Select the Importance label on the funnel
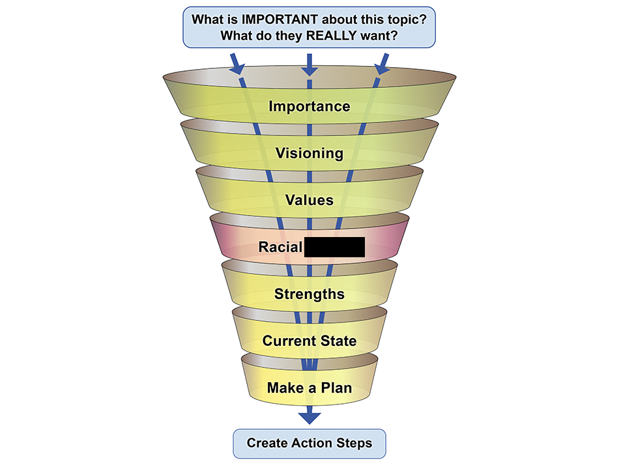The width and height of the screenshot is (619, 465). (x=309, y=106)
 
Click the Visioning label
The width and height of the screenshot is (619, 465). (x=309, y=154)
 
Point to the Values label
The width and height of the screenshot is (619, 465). (x=309, y=200)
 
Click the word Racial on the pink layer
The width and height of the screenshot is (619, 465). (x=280, y=247)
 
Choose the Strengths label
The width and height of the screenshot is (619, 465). (x=309, y=294)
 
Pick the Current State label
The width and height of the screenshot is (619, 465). (x=309, y=341)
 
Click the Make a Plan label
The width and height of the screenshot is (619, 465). (x=309, y=388)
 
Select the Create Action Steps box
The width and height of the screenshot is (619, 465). (x=309, y=444)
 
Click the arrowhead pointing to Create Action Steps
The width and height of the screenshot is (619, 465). (x=309, y=417)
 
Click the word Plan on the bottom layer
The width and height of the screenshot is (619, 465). (x=338, y=388)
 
